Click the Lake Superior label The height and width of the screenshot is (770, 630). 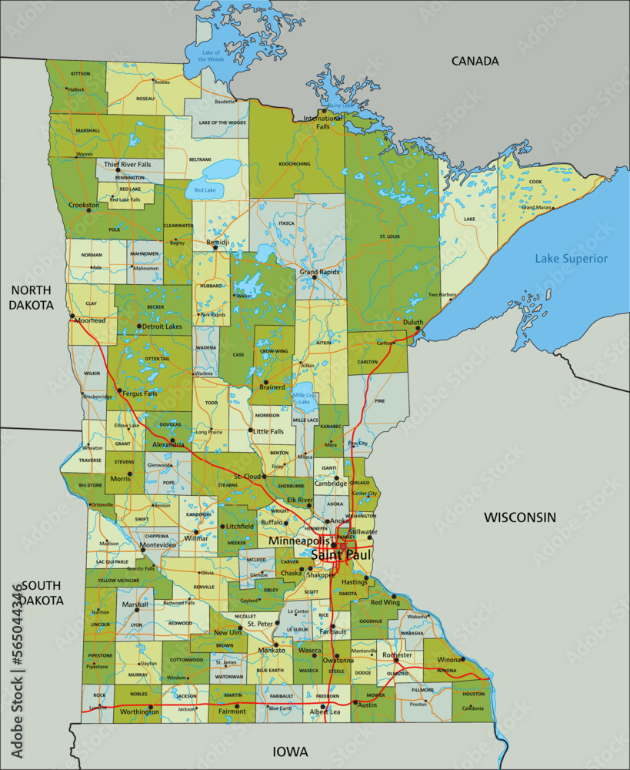pos(572,259)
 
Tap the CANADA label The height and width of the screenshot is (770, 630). pos(475,61)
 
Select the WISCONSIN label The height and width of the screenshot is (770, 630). pos(519,517)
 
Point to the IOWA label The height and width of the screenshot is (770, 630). pos(290,752)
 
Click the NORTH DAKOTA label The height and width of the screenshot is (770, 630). pos(31,297)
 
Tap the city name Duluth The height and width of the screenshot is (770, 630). pos(413,323)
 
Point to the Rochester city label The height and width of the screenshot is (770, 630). pos(398,654)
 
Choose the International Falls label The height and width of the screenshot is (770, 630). pos(323,122)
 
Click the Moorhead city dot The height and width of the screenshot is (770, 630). pos(72,315)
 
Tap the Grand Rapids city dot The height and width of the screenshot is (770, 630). pos(314,277)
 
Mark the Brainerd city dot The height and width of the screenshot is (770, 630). pos(265,382)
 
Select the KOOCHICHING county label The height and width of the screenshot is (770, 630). pos(295,163)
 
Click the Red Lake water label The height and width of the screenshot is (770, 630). pos(205,189)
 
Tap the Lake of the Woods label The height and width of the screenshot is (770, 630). pos(211,55)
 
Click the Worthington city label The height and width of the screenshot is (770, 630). pos(140,711)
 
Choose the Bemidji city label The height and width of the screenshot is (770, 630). pos(218,243)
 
